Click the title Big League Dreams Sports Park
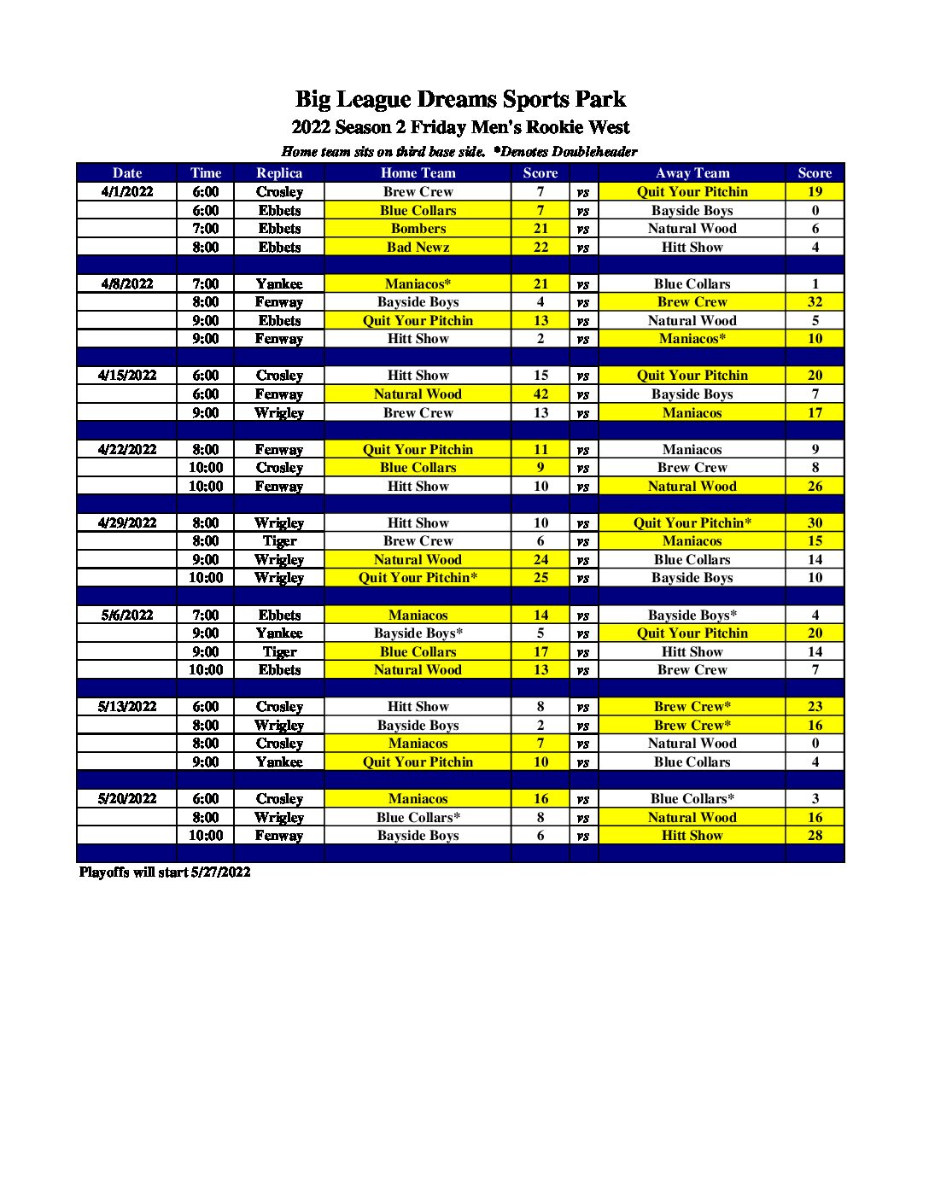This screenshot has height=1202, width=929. (460, 100)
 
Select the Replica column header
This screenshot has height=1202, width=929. (279, 172)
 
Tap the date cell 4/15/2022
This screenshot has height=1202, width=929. (127, 376)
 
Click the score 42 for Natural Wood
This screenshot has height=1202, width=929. (540, 394)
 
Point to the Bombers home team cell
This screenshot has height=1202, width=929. (418, 229)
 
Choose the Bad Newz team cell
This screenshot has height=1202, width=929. (418, 248)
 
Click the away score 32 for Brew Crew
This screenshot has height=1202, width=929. (815, 302)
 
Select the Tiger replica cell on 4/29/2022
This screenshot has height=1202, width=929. (279, 541)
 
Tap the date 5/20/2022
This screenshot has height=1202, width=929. (127, 799)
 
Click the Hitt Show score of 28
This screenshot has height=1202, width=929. (815, 836)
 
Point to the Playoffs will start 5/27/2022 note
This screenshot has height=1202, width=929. (165, 872)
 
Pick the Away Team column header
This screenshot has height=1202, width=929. (692, 172)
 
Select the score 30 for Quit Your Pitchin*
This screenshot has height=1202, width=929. (815, 523)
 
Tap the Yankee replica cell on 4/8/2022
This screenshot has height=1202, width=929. (279, 284)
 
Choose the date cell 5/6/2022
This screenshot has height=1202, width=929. (127, 616)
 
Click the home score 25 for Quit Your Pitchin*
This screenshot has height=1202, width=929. (540, 578)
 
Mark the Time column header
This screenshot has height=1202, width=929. (206, 172)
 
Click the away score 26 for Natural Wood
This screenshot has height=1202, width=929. (815, 487)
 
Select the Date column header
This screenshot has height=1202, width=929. (127, 172)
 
